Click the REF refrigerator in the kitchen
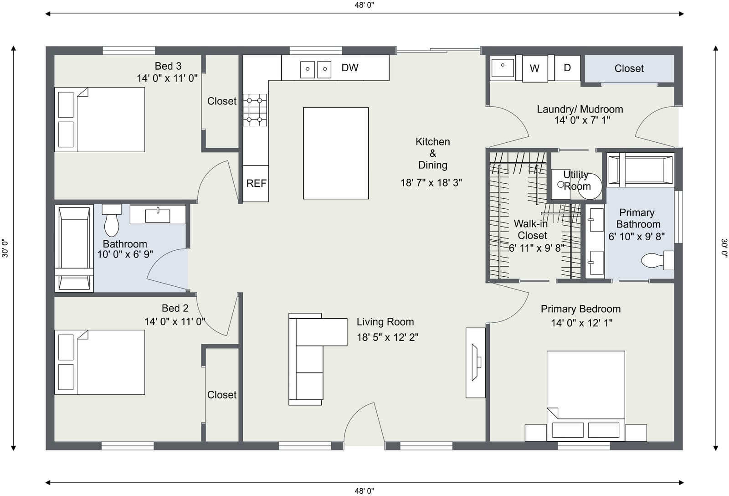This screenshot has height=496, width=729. (x=256, y=184)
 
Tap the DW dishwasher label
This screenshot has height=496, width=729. (x=350, y=68)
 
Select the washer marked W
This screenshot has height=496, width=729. (x=535, y=68)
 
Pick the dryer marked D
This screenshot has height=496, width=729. (x=567, y=67)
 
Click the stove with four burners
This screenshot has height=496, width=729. (x=255, y=110)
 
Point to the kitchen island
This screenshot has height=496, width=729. (x=336, y=153)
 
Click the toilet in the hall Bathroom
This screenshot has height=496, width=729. (x=111, y=220)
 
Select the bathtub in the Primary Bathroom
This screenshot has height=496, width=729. (x=641, y=170)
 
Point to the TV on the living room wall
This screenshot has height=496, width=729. (x=476, y=362)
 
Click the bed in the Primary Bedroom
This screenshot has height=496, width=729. (x=586, y=396)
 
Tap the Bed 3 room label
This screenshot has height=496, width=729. (x=168, y=66)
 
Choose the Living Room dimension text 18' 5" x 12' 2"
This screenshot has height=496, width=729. (x=387, y=337)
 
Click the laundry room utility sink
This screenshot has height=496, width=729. (x=503, y=68)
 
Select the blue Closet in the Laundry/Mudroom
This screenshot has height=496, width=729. (x=629, y=68)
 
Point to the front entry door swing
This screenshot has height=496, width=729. (x=364, y=424)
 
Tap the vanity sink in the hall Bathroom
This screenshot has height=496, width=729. (x=158, y=215)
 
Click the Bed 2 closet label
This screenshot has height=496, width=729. (x=221, y=395)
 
